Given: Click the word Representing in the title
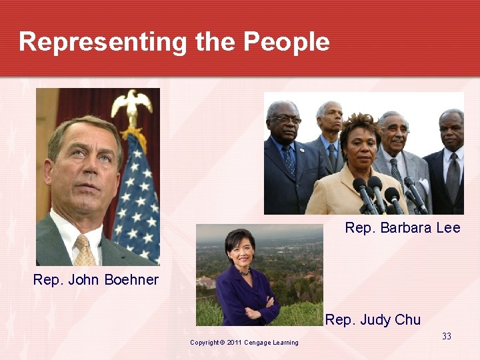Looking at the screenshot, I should coord(103,42).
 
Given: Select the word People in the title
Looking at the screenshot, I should coord(286,42).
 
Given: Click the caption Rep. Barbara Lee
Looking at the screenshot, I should coord(402,228).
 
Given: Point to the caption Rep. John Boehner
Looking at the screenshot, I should coord(96,280).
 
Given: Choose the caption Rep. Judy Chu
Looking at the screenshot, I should coord(373,320).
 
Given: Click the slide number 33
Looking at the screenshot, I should coord(447,336).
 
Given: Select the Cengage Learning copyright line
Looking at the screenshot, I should coord(244,343).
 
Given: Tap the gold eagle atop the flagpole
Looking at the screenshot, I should coord(131,104).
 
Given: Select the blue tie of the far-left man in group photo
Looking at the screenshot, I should coord(289,161).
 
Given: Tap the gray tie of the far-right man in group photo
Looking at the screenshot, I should coord(453,176).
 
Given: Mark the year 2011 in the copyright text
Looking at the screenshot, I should coord(233,343).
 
